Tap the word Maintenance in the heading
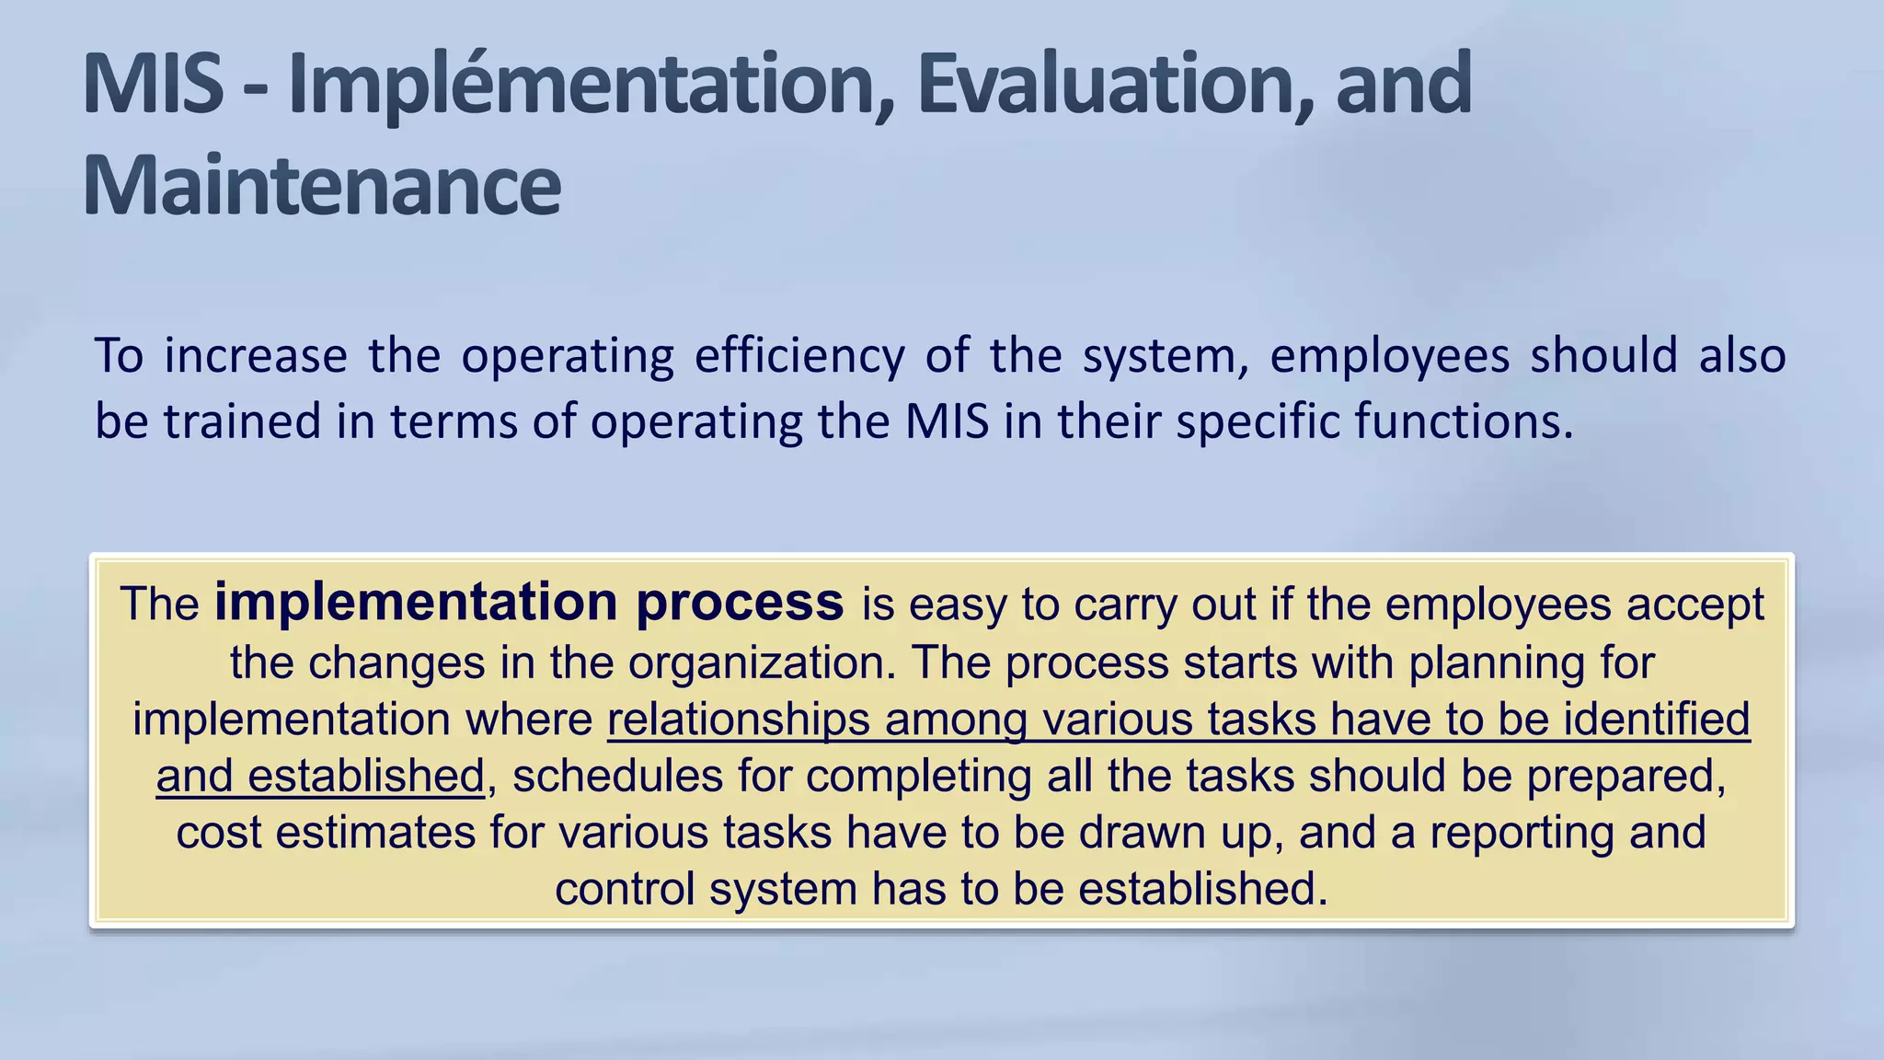(322, 186)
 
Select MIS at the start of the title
(153, 85)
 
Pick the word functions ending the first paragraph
(1464, 421)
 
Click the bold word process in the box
(740, 603)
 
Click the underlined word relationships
(739, 720)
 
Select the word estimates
(374, 833)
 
